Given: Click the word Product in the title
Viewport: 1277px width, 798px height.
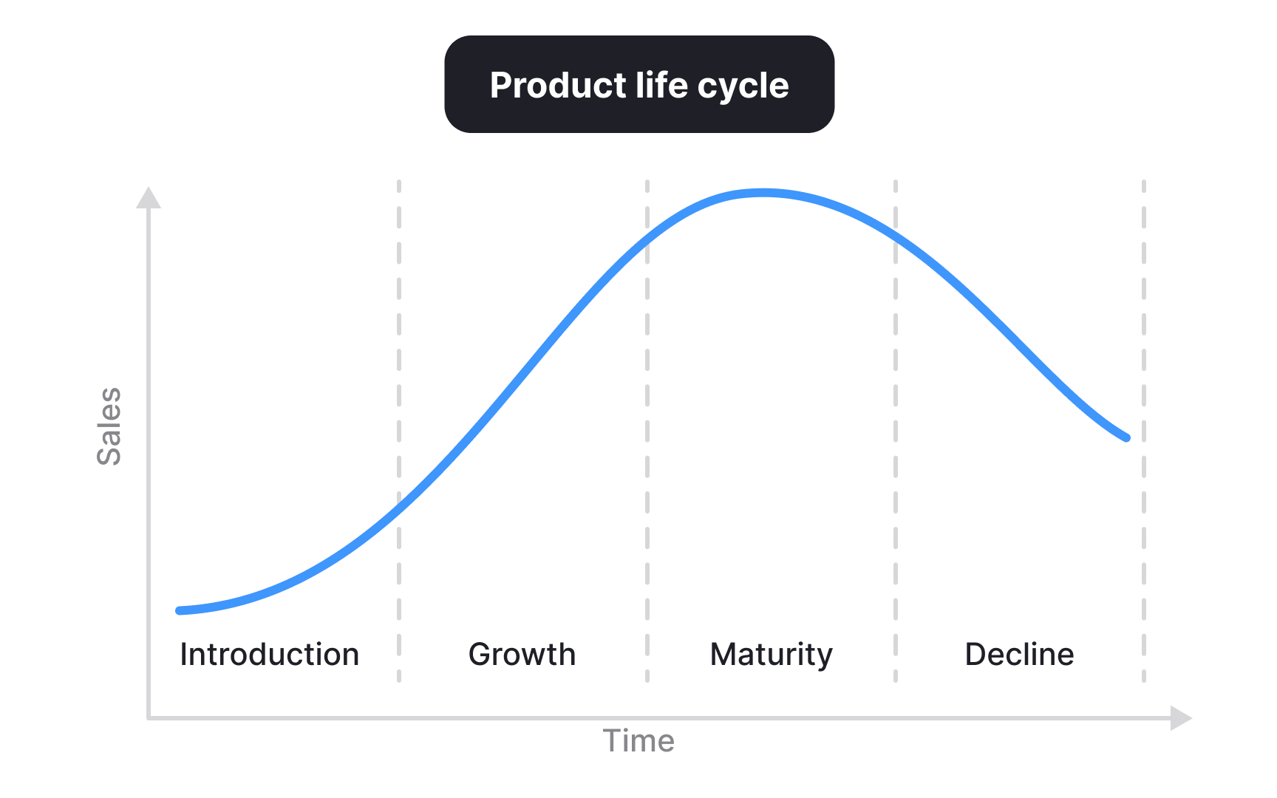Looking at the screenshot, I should tap(558, 86).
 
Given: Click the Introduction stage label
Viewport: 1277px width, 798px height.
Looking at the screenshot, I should tap(270, 655).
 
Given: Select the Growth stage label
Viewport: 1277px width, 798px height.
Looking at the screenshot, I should tap(522, 655).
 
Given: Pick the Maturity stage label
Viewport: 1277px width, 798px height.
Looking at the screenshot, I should tap(771, 655).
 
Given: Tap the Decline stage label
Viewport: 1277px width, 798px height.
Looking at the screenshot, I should tap(1019, 655).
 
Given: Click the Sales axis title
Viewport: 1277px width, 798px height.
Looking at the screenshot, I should tap(109, 426).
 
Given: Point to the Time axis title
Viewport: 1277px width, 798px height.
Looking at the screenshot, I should tap(638, 741).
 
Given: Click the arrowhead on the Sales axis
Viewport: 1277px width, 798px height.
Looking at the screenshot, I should tap(149, 197).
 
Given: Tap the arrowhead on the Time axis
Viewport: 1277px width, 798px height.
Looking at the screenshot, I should tap(1181, 717).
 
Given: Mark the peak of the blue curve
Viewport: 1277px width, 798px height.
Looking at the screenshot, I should tap(763, 193).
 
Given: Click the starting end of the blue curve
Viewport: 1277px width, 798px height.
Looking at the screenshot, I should tap(180, 610).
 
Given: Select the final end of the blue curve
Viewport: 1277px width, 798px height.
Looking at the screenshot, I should tap(1126, 437).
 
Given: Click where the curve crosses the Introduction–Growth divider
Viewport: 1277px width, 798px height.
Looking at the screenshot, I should tap(399, 504).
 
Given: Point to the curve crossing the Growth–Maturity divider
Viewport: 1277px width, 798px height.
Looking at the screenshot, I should tap(647, 239).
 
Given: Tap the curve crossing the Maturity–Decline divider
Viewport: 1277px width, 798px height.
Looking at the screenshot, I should tap(896, 238).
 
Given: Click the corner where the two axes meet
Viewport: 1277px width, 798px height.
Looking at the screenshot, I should tap(149, 717).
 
